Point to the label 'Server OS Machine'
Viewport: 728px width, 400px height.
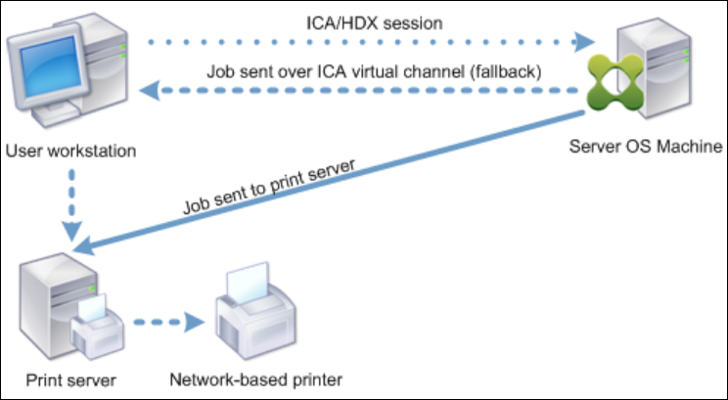pos(645,147)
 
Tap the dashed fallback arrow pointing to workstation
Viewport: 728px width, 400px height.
pos(362,92)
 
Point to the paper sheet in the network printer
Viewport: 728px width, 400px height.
pos(247,286)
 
